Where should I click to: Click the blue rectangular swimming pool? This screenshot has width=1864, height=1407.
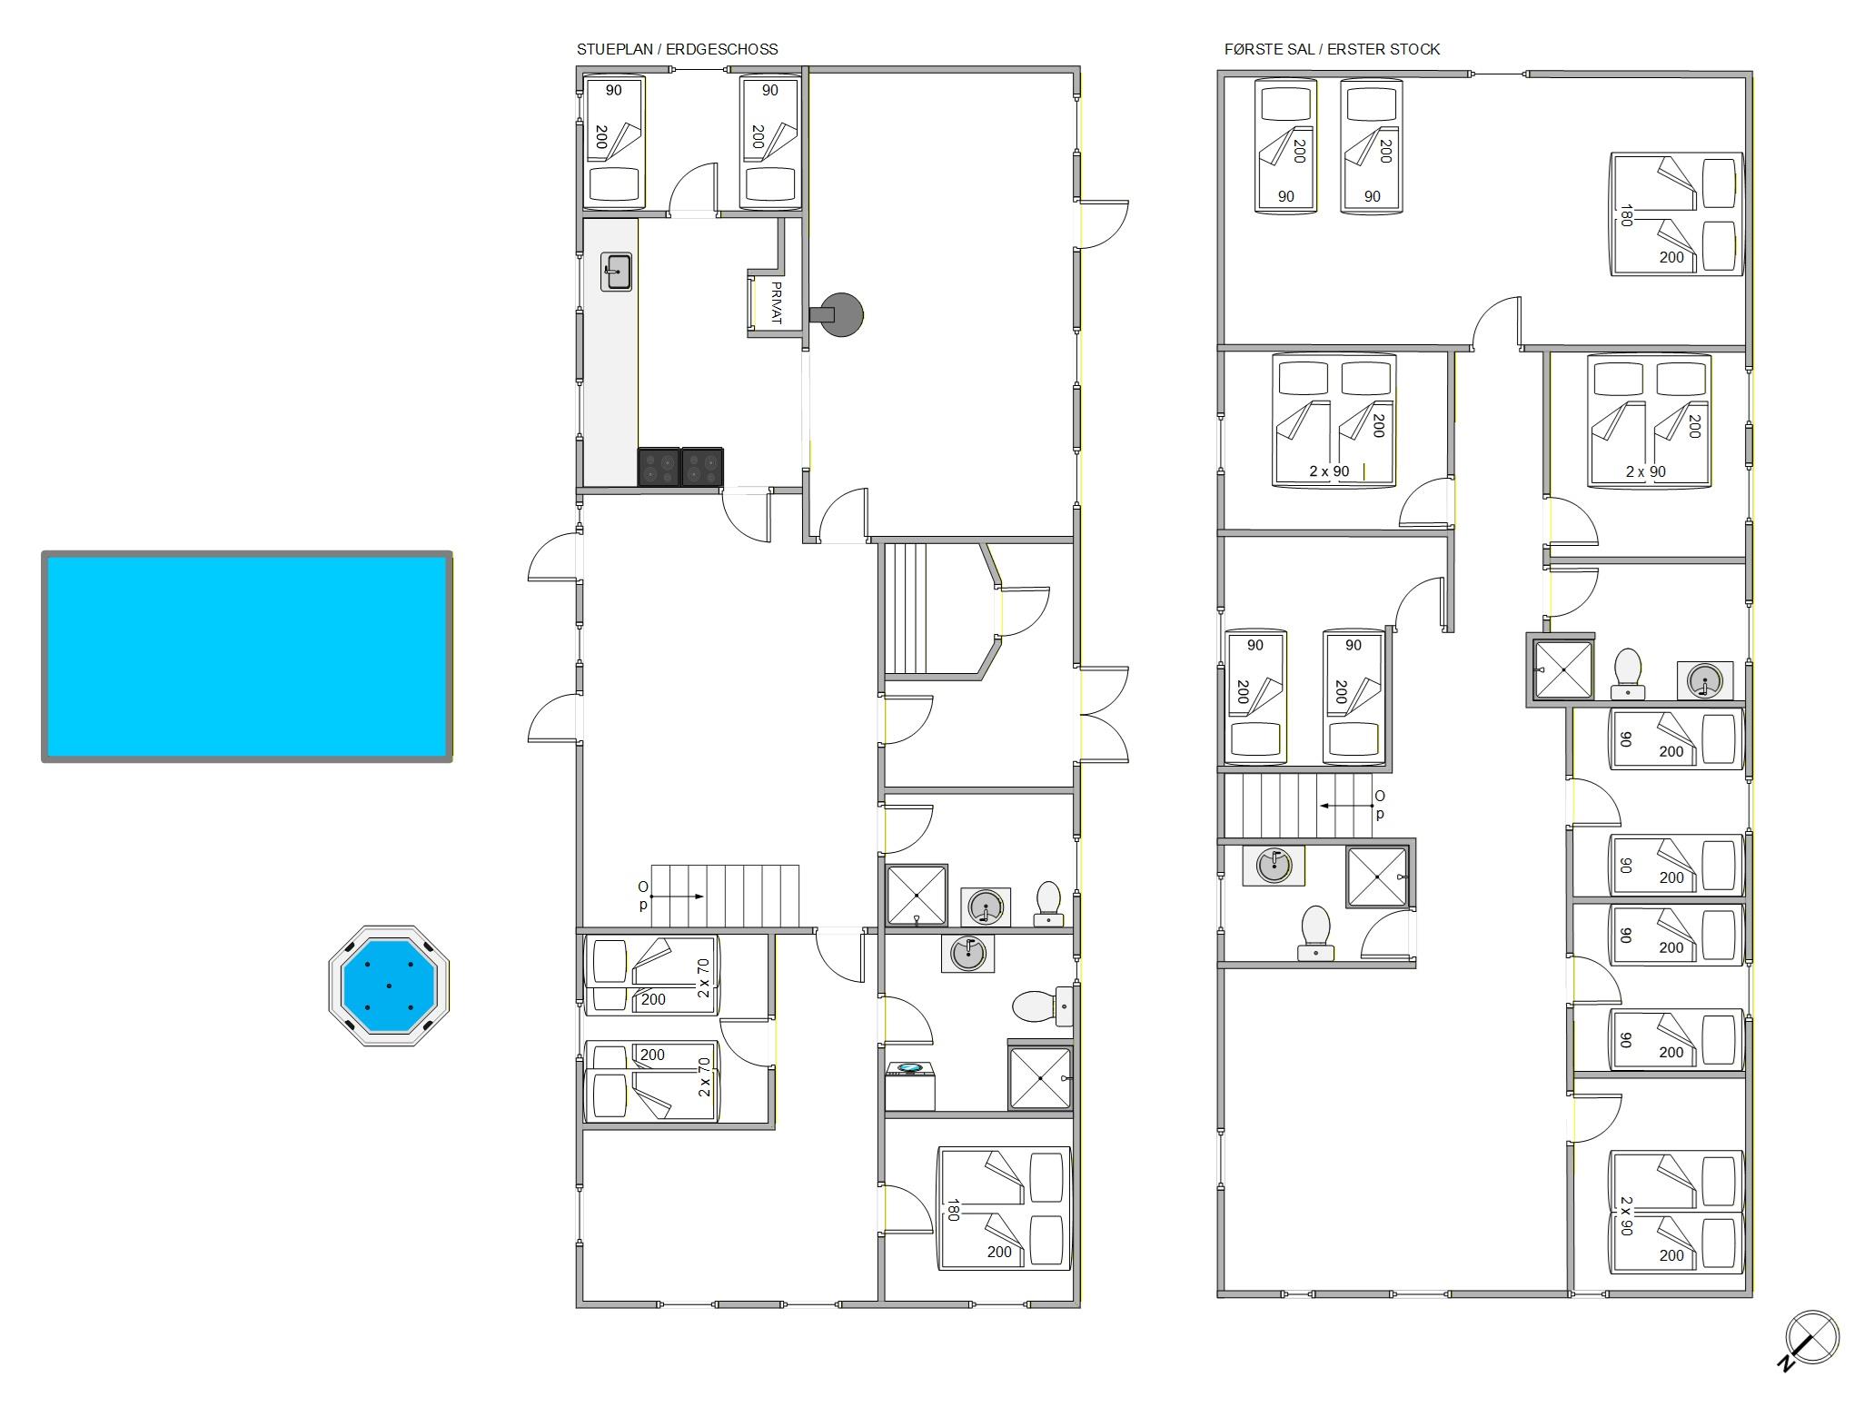click(247, 656)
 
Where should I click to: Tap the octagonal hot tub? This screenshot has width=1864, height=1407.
click(389, 986)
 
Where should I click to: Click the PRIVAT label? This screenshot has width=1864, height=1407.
click(776, 303)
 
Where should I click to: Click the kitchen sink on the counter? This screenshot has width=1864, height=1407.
click(616, 272)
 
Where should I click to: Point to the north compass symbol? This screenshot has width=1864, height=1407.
click(1809, 1339)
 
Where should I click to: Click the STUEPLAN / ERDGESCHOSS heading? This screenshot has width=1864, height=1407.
click(678, 49)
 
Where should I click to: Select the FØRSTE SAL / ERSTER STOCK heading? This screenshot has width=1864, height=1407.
click(1332, 49)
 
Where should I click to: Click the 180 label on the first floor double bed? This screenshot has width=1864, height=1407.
click(1626, 215)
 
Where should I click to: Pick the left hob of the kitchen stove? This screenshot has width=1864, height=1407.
click(659, 467)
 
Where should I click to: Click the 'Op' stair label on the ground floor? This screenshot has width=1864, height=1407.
click(643, 896)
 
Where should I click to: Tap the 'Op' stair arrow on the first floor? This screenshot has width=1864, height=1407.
click(1346, 806)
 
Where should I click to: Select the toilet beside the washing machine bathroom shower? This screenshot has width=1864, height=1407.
click(1043, 1006)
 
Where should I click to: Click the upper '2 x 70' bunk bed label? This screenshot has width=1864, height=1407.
click(703, 978)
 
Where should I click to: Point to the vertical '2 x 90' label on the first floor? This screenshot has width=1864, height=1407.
click(1626, 1215)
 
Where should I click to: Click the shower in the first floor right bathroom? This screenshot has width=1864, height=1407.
click(1563, 669)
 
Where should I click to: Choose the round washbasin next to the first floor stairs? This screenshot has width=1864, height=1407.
click(1274, 865)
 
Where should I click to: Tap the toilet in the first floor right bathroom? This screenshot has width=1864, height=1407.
click(1628, 673)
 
